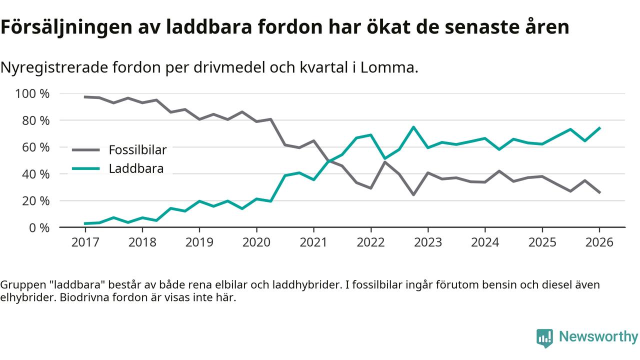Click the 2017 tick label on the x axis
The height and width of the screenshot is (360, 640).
point(85,242)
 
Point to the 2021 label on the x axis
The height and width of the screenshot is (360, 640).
point(313,242)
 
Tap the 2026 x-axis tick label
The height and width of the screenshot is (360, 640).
point(599,242)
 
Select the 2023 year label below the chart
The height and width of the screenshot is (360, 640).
point(428,242)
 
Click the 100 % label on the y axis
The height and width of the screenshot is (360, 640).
point(32,94)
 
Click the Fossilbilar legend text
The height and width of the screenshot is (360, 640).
point(137,149)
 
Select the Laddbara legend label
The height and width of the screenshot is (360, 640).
point(136,168)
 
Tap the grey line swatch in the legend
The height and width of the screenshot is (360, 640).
point(86,149)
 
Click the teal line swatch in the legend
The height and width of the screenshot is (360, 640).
point(86,168)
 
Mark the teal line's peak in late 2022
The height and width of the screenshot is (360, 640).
point(413,127)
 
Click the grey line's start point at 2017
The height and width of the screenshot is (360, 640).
point(85,97)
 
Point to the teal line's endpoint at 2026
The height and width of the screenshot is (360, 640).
point(599,128)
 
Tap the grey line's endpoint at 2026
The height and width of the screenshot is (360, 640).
point(599,192)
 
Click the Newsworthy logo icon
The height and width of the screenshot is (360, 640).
point(544,338)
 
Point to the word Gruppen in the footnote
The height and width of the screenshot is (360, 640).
point(20,285)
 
